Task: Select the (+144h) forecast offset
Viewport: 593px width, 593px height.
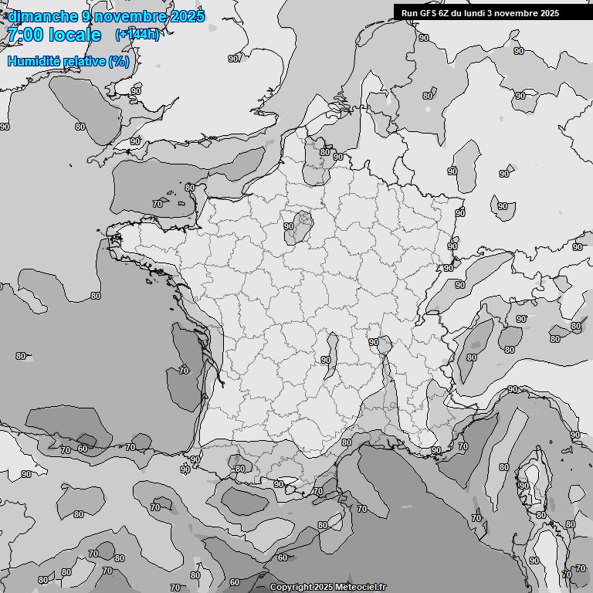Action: [137, 35]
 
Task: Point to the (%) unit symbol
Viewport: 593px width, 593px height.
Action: [119, 61]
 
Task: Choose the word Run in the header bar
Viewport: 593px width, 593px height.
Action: [409, 13]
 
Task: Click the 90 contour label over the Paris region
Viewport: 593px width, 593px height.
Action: [289, 226]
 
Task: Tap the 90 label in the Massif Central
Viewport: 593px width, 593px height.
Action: [326, 360]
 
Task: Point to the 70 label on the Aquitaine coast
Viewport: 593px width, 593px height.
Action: [184, 371]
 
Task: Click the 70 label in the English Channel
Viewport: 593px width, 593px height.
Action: [158, 204]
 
